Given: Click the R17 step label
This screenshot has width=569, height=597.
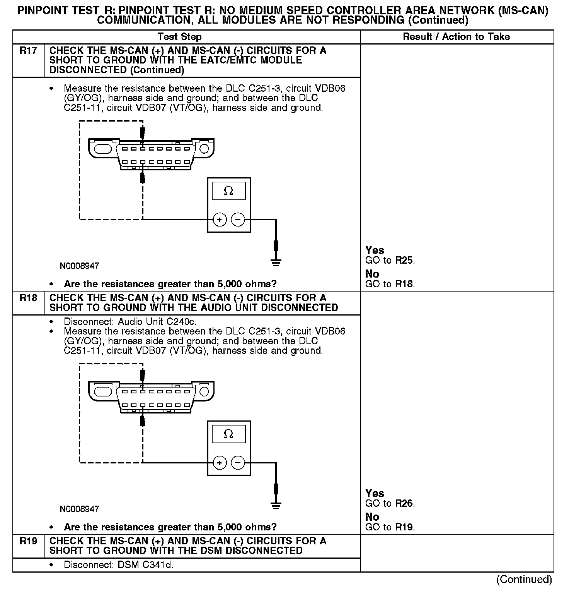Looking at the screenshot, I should (28, 51).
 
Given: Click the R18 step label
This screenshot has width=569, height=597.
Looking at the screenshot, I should (28, 298).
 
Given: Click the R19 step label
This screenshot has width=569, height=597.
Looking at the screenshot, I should (28, 541).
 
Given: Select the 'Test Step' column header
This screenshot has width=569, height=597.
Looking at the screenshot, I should (179, 37).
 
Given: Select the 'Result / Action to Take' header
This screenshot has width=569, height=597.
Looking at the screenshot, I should (456, 37).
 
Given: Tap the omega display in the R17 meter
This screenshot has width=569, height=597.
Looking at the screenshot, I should (228, 191).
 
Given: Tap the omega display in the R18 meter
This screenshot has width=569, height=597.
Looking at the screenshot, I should (228, 434).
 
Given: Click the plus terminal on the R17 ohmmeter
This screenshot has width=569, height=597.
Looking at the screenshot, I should (220, 220).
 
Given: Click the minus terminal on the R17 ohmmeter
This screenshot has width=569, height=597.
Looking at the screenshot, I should (238, 220).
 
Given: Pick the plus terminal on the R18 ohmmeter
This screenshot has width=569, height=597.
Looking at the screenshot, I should (220, 463).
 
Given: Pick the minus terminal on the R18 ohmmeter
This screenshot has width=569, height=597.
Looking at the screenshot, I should (238, 463).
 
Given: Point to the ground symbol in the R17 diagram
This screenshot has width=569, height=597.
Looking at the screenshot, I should (276, 262).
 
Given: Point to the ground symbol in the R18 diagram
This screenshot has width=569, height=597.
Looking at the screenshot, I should (276, 505).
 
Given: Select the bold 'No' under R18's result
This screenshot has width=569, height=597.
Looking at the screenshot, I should (372, 517).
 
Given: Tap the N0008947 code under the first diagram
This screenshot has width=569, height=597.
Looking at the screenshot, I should (79, 266).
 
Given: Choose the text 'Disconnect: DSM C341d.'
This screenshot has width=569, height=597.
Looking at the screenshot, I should (118, 565).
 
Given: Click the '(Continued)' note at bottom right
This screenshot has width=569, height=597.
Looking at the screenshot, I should (524, 579).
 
